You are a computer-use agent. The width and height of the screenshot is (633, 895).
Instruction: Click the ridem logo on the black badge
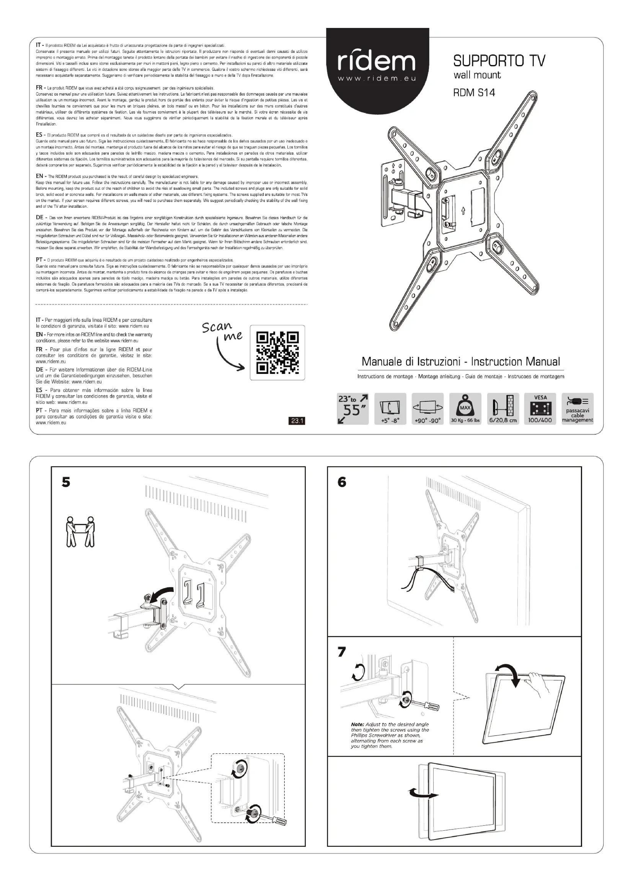(377, 62)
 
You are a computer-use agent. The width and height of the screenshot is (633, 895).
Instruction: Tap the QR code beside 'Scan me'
(277, 352)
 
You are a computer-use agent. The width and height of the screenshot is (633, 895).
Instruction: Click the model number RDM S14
(474, 93)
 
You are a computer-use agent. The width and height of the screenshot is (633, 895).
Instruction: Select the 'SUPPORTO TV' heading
(499, 61)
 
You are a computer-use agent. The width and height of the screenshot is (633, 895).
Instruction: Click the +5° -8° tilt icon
(390, 409)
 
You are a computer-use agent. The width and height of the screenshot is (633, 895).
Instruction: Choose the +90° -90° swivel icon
(427, 409)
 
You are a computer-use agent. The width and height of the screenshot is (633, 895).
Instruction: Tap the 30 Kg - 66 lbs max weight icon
(465, 409)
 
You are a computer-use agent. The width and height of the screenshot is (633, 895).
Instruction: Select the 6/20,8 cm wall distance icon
(503, 409)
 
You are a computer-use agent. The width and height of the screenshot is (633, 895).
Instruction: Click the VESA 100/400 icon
(540, 409)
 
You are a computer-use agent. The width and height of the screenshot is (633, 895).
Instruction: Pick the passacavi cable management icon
(578, 409)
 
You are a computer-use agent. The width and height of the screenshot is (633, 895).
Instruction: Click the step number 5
(66, 483)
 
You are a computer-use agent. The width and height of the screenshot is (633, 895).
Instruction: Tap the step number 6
(342, 483)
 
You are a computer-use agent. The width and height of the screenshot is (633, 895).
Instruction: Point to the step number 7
(342, 652)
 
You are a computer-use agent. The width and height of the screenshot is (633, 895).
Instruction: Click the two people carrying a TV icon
(80, 532)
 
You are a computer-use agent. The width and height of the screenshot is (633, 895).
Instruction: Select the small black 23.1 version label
(297, 421)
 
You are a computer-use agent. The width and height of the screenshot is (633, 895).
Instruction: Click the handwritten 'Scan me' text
(222, 331)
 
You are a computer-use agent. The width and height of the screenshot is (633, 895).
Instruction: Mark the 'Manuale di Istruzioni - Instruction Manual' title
(461, 362)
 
